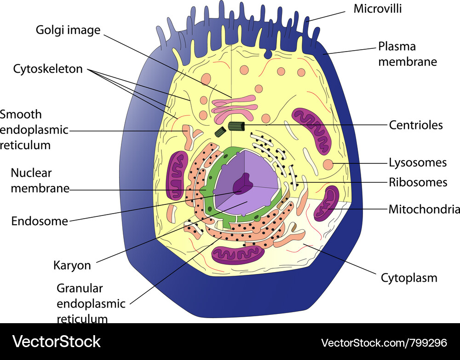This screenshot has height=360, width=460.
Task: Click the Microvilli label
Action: pyautogui.click(x=377, y=9)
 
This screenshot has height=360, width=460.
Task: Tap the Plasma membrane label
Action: pyautogui.click(x=407, y=54)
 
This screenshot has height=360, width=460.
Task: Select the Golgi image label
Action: pyautogui.click(x=68, y=31)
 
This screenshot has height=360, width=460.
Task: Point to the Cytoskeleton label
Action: pyautogui.click(x=48, y=69)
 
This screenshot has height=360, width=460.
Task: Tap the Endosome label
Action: pyautogui.click(x=40, y=221)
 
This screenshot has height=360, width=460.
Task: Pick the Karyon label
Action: pyautogui.click(x=72, y=266)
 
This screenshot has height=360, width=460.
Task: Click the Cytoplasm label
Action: pyautogui.click(x=409, y=278)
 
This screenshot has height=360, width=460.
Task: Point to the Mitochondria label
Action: pyautogui.click(x=424, y=209)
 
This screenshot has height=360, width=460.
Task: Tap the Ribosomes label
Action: pyautogui.click(x=418, y=182)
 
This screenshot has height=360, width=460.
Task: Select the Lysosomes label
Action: pyautogui.click(x=418, y=163)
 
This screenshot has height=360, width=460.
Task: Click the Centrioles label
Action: pyautogui.click(x=416, y=125)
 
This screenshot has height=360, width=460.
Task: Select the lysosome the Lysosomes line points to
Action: pyautogui.click(x=328, y=164)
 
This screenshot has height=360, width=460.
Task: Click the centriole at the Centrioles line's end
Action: pyautogui.click(x=237, y=126)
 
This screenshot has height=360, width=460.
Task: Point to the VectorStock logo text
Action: pyautogui.click(x=56, y=342)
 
